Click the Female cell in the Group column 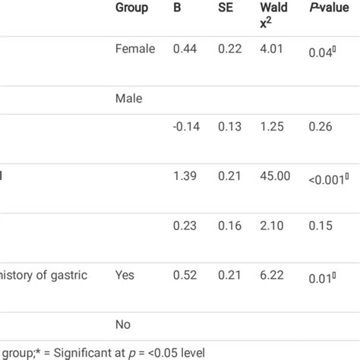coord(135,49)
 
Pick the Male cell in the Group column coord(129,98)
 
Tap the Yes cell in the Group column coord(126,275)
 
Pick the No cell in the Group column coord(124,324)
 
